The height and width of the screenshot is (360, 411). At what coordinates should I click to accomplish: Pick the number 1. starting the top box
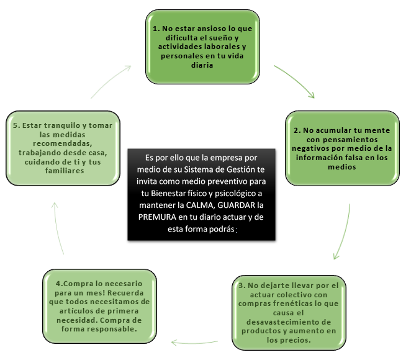pos(156,29)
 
